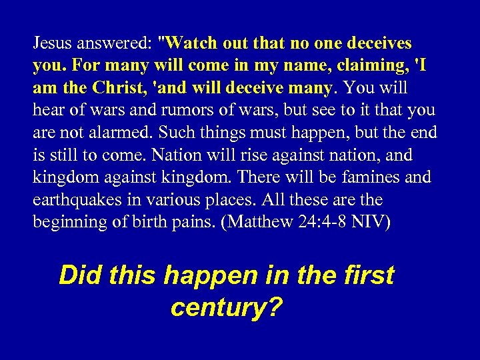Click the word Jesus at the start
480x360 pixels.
click(53, 43)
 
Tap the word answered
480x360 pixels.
click(113, 43)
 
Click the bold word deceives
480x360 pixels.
click(377, 43)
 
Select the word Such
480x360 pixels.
click(155, 133)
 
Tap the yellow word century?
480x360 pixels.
click(227, 307)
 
